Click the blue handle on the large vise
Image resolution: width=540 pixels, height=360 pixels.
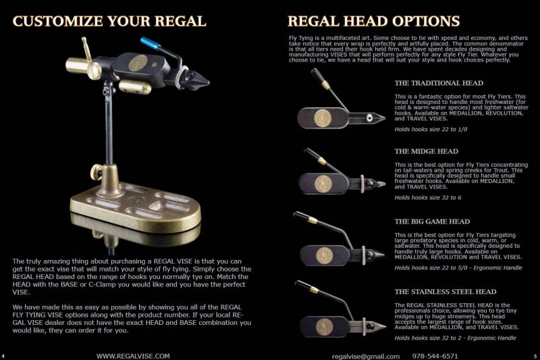point(151,43)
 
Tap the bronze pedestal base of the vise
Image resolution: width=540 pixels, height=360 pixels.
point(136,208)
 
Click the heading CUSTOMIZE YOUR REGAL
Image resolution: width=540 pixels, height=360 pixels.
point(109,21)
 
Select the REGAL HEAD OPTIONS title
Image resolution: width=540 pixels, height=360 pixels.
point(374,21)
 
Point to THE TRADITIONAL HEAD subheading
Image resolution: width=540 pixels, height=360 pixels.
point(439,83)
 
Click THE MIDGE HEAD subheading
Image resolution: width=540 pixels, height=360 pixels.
point(427,151)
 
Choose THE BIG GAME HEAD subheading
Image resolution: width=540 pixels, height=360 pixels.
point(432,222)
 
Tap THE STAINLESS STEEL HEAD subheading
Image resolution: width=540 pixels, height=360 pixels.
point(446,292)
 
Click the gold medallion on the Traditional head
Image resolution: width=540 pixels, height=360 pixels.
point(323,118)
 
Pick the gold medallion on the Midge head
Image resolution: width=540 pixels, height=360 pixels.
point(323,184)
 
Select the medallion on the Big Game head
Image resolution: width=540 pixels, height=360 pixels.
point(325,256)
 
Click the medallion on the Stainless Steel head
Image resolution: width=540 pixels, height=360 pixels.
point(325,327)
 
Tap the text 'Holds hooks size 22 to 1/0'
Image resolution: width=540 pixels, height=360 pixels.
point(431,130)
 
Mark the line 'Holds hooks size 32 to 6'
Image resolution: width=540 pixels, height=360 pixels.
point(428,198)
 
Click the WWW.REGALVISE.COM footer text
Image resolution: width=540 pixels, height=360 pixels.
point(133,356)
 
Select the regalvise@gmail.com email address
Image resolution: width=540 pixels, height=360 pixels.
point(366,356)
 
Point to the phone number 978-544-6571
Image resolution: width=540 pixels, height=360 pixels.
point(435,356)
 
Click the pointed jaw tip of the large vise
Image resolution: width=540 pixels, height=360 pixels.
point(208,82)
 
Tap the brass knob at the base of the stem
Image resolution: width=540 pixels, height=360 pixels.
point(97,172)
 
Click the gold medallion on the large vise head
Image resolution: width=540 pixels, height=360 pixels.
point(138,63)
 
